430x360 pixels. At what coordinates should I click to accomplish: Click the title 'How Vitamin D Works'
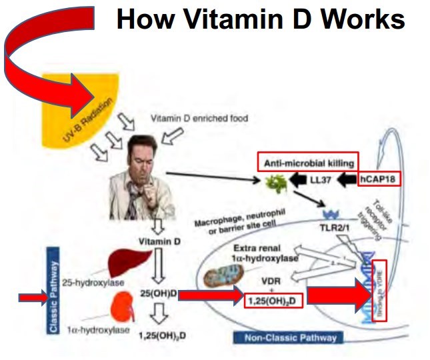tap(260, 19)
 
